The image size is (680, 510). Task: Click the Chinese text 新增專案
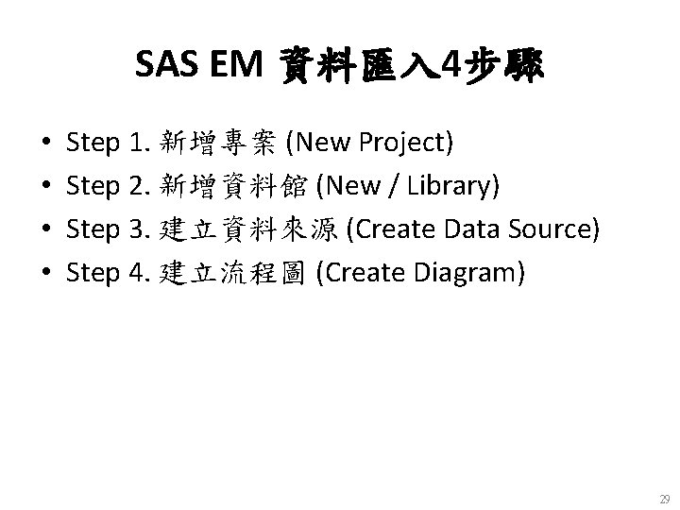coord(219,143)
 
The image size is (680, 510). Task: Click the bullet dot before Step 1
coord(46,144)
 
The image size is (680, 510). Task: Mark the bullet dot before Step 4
coord(46,274)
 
